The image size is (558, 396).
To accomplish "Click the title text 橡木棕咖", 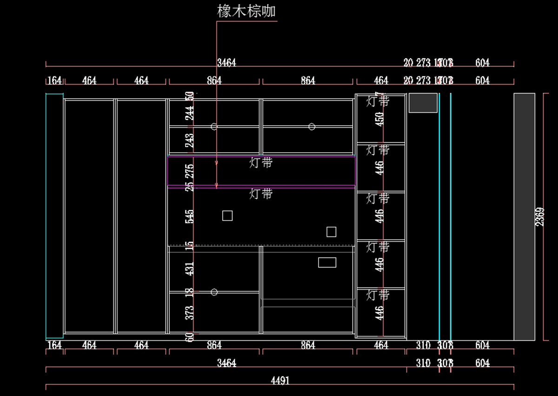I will click(246, 11).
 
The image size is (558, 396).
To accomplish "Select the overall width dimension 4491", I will click(280, 381).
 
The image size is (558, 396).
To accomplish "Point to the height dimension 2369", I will click(540, 217).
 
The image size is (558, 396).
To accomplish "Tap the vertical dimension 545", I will click(190, 216).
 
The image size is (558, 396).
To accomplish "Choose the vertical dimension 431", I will click(190, 268).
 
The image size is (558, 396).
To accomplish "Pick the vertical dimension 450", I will click(380, 119).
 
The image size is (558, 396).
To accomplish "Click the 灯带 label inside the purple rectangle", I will click(261, 163).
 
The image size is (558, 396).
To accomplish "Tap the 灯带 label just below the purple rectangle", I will click(261, 194).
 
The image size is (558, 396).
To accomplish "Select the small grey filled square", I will click(423, 103).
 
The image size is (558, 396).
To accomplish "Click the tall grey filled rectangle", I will click(524, 217).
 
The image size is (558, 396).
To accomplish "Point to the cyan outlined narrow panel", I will click(54, 216).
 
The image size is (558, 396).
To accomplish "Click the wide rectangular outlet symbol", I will click(327, 262).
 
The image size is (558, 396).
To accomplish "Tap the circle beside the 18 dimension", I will click(214, 292).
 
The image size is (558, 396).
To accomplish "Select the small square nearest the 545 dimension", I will click(227, 215).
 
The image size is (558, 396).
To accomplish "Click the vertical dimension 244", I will click(190, 113).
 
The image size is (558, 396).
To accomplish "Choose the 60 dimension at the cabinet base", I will click(190, 337).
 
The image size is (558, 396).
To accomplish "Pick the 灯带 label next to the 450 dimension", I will click(378, 101).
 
